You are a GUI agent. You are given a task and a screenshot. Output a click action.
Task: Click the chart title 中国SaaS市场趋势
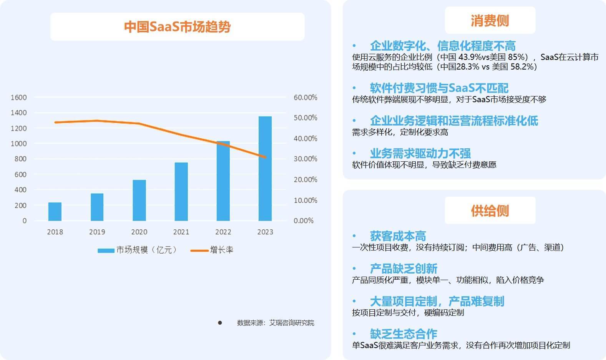tap(177, 27)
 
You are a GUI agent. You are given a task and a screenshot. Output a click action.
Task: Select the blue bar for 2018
tap(55, 211)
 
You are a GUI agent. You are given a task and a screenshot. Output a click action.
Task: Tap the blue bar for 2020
tap(139, 200)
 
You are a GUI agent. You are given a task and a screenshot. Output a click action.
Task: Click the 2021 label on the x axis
tap(181, 232)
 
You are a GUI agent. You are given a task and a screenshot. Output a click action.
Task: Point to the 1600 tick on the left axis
tap(19, 97)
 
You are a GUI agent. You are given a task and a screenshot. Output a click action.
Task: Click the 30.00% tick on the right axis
tap(305, 159)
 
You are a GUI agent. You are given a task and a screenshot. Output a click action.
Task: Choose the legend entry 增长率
tap(212, 250)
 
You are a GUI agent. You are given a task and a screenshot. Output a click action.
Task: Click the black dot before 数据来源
tap(220, 323)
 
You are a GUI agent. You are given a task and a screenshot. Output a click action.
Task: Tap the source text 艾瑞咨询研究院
tap(291, 323)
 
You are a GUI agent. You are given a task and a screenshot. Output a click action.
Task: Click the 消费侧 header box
tap(490, 20)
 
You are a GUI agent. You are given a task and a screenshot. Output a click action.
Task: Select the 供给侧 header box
tap(490, 211)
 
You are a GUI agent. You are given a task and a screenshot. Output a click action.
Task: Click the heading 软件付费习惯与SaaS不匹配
tap(439, 88)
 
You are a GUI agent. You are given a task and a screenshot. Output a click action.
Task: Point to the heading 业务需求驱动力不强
tap(420, 153)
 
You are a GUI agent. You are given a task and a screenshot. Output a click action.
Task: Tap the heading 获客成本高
tap(398, 236)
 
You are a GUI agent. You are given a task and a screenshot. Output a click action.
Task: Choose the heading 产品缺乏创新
tap(403, 268)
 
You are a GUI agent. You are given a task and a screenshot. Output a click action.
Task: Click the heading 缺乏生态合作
tap(403, 333)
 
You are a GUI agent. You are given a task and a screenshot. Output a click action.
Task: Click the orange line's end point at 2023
tap(265, 157)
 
